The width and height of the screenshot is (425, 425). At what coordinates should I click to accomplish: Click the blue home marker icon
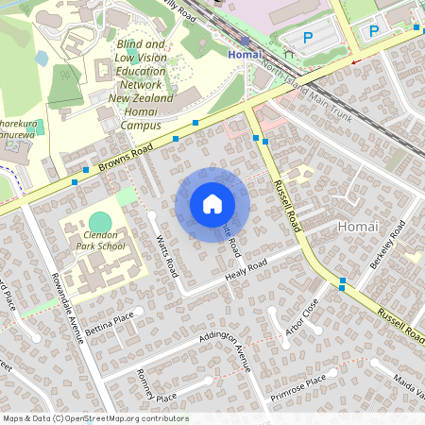(212, 203)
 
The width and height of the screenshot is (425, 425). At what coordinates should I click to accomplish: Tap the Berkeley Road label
(388, 245)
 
